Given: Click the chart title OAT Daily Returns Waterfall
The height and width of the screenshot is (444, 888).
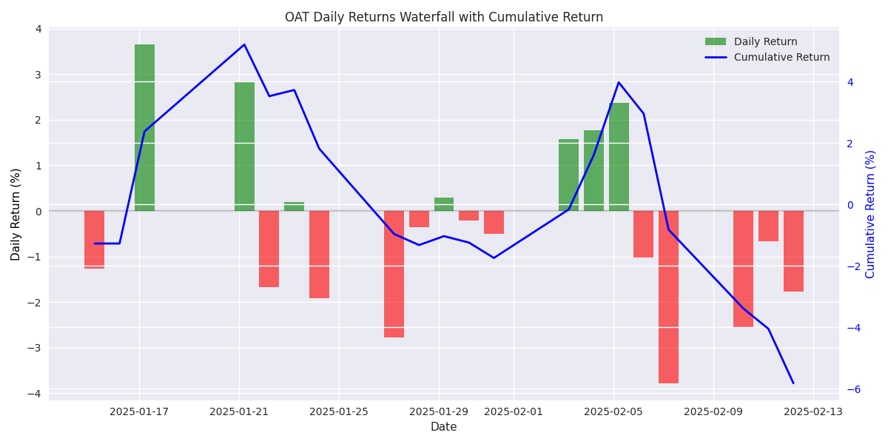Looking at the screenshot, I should click(x=444, y=17).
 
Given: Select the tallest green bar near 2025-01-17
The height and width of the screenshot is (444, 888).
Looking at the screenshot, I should click(x=144, y=127).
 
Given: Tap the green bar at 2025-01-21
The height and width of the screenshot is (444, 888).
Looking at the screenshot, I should click(x=244, y=146).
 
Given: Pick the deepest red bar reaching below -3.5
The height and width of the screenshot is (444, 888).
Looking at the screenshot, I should click(x=668, y=296).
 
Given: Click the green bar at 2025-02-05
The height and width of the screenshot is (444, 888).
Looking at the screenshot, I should click(x=619, y=156).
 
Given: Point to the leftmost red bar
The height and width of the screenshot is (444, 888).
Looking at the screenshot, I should click(x=94, y=239).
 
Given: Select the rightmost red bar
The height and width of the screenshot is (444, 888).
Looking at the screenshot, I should click(x=793, y=251).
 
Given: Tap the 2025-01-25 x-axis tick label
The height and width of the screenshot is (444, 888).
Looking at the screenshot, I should click(x=339, y=411).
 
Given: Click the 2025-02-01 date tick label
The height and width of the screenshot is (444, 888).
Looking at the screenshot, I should click(x=514, y=411).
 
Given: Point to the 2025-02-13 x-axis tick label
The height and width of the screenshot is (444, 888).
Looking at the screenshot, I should click(x=813, y=411).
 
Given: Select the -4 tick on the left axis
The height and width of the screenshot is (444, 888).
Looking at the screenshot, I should click(x=35, y=393).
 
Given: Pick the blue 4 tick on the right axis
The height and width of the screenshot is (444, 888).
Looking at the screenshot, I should click(x=850, y=82).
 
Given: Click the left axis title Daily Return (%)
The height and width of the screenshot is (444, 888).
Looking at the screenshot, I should click(x=16, y=214).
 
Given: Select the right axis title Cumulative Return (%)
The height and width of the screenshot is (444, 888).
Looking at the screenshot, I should click(x=871, y=214).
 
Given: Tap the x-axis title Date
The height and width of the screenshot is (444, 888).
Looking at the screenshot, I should click(x=444, y=427).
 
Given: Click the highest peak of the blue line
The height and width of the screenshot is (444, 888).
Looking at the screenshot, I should click(x=244, y=44).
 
